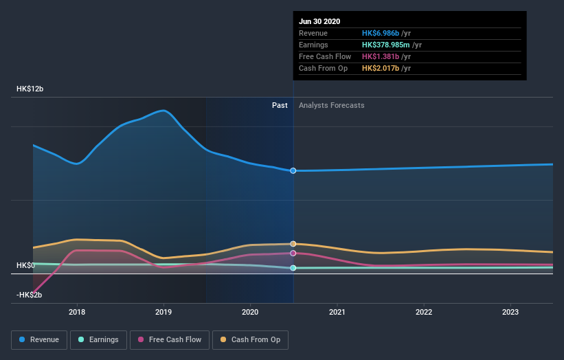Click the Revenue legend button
[x=39, y=339]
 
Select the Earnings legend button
[x=98, y=339]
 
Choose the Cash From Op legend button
[x=250, y=339]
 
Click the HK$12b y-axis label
[x=30, y=89]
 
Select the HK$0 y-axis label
[x=25, y=265]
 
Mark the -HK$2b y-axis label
[x=30, y=295]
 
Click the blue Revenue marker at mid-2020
[x=293, y=170]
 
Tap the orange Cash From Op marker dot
[x=293, y=244]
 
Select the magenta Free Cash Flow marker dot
[x=293, y=253]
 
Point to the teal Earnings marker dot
[x=293, y=268]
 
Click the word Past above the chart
[x=280, y=105]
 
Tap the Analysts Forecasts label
[x=332, y=105]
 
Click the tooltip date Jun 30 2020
[x=319, y=21]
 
